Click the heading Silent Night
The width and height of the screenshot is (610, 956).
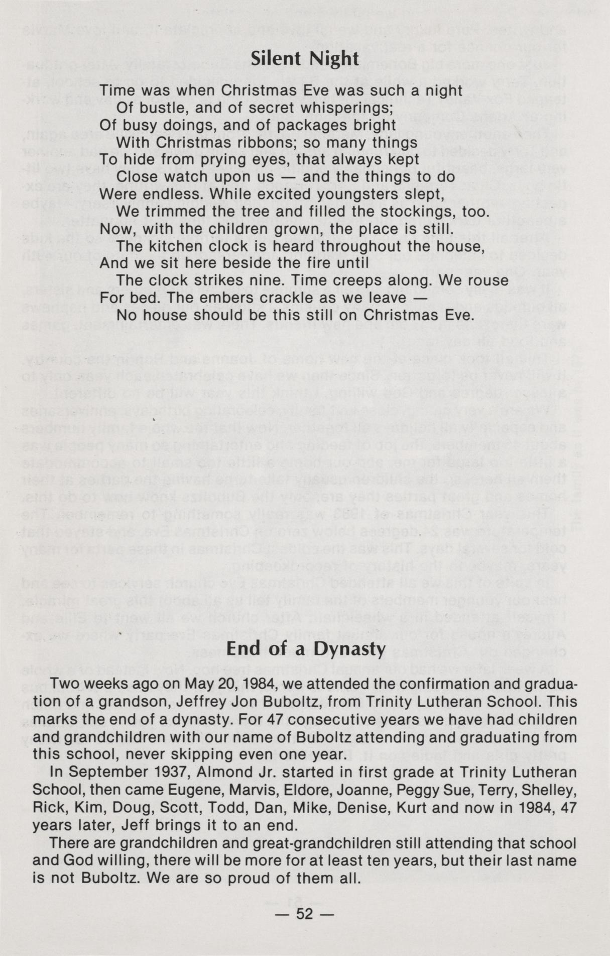305,59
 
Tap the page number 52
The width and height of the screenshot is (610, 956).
305,913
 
